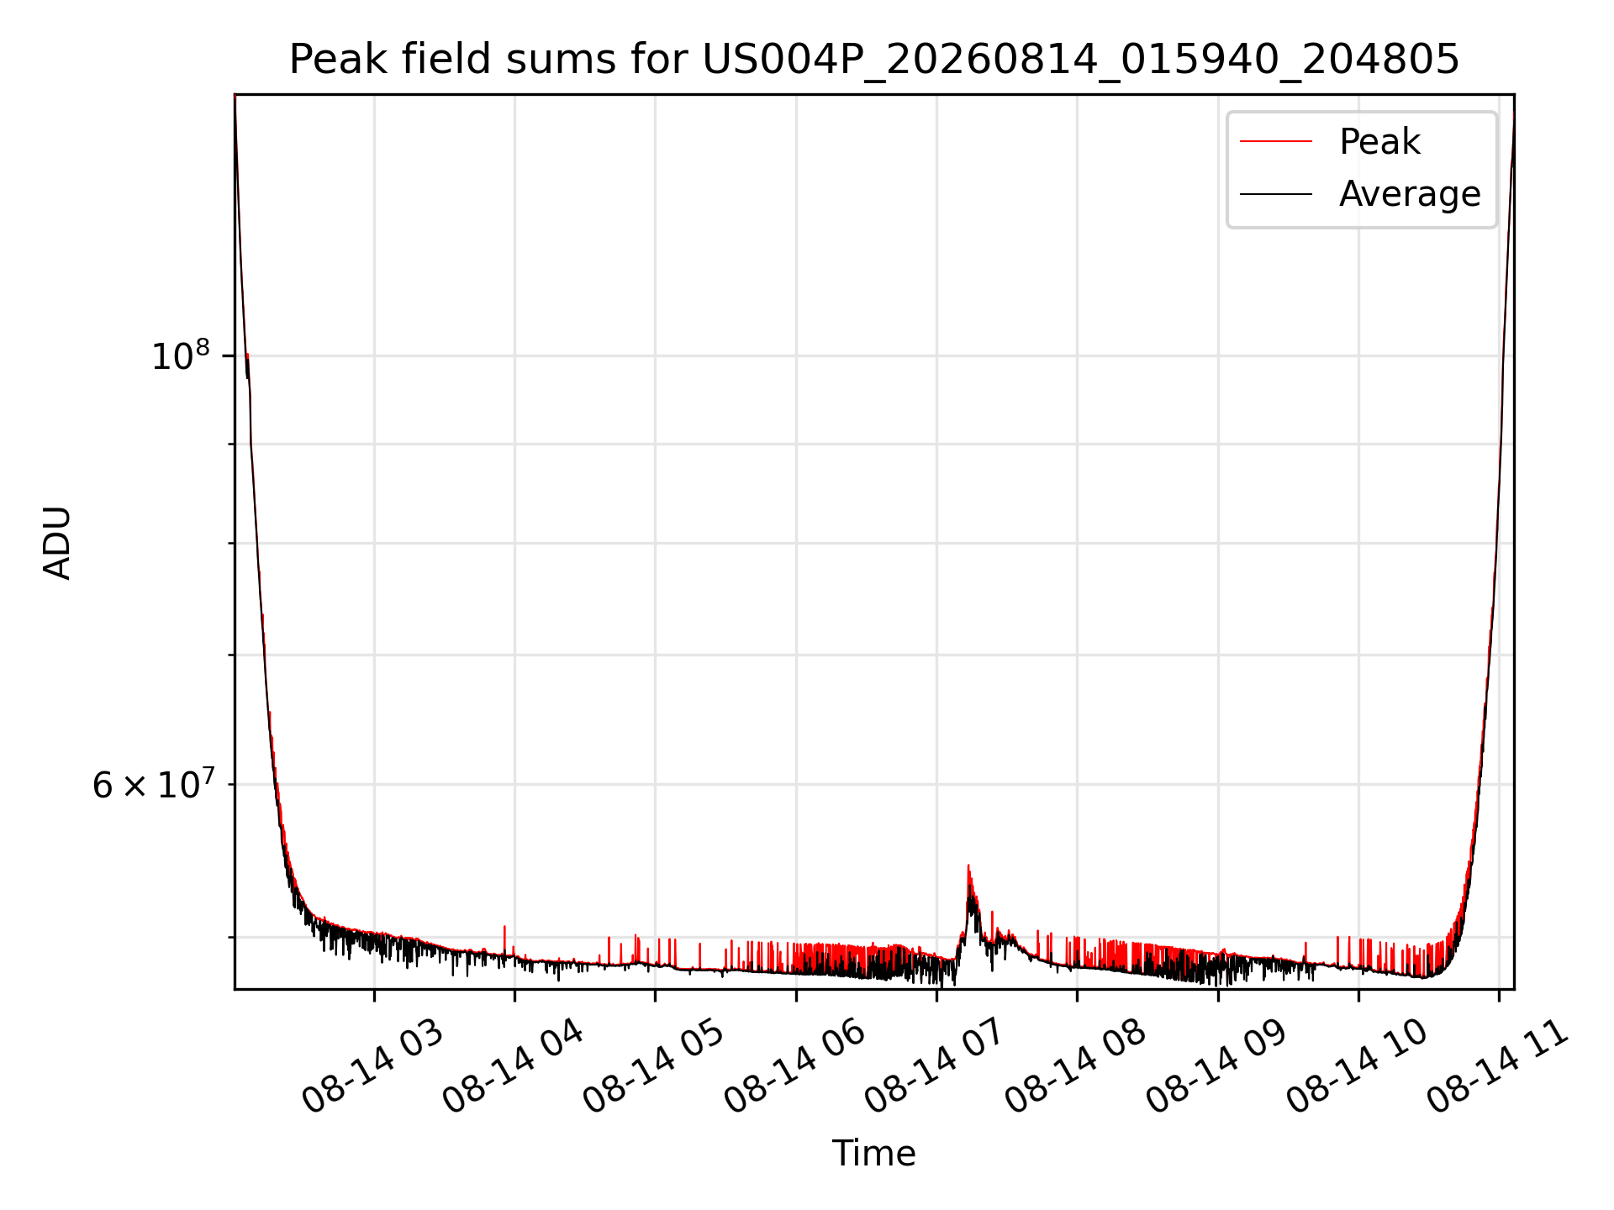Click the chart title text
(874, 60)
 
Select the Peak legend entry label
(1379, 142)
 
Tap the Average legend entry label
(1410, 194)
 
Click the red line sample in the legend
(1276, 141)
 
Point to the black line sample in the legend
(1276, 194)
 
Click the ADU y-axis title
(57, 543)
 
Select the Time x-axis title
(874, 1154)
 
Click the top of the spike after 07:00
(968, 865)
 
